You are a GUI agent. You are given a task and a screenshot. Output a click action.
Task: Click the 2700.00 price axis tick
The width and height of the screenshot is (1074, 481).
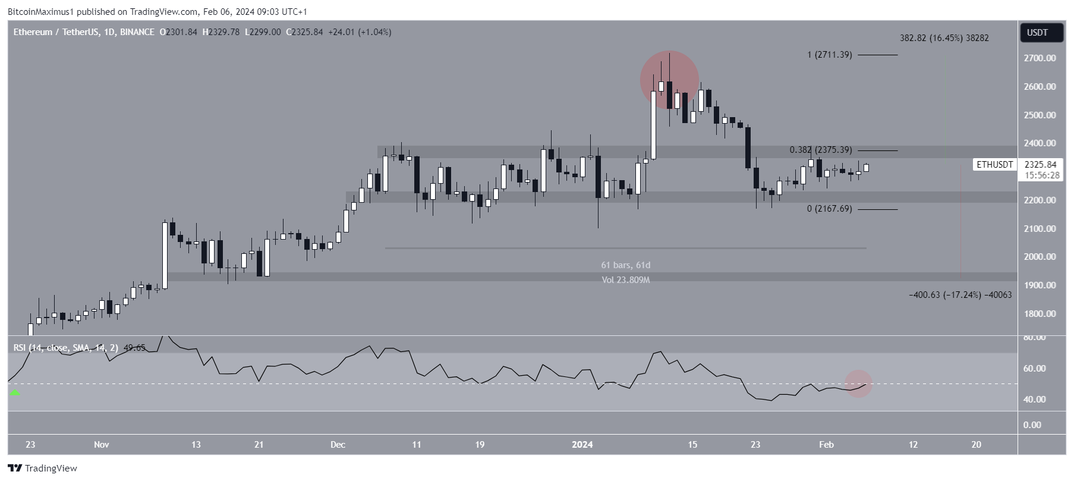click(1040, 58)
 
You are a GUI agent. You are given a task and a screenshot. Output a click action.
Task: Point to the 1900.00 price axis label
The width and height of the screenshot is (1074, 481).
click(1040, 285)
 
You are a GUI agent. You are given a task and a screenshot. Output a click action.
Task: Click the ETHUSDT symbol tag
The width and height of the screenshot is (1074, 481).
click(994, 165)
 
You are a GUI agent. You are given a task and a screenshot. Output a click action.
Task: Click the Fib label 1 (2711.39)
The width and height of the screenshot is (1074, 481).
click(829, 55)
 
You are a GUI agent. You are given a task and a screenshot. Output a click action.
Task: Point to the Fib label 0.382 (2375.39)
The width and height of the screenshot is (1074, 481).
click(820, 150)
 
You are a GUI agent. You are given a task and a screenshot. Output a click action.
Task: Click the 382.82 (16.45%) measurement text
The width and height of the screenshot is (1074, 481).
click(944, 38)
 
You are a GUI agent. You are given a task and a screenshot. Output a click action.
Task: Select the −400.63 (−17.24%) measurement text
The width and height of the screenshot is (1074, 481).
click(960, 295)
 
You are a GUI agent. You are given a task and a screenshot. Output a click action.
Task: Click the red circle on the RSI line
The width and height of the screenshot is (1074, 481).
click(858, 384)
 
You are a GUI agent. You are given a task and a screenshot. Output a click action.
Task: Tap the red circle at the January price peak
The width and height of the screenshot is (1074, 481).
click(669, 80)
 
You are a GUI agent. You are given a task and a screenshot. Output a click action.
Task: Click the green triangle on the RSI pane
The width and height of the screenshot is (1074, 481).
click(15, 393)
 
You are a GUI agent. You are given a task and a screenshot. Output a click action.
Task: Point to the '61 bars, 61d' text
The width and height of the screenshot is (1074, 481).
click(625, 265)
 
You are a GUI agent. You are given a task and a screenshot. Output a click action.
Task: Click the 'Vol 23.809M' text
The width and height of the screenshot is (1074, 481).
click(625, 280)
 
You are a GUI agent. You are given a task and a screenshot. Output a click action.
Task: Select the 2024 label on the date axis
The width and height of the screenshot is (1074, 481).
click(582, 445)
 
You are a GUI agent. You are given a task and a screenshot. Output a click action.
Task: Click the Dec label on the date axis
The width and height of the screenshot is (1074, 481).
click(338, 445)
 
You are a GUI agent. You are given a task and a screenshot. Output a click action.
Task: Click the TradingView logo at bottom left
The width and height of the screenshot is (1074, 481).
click(42, 469)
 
